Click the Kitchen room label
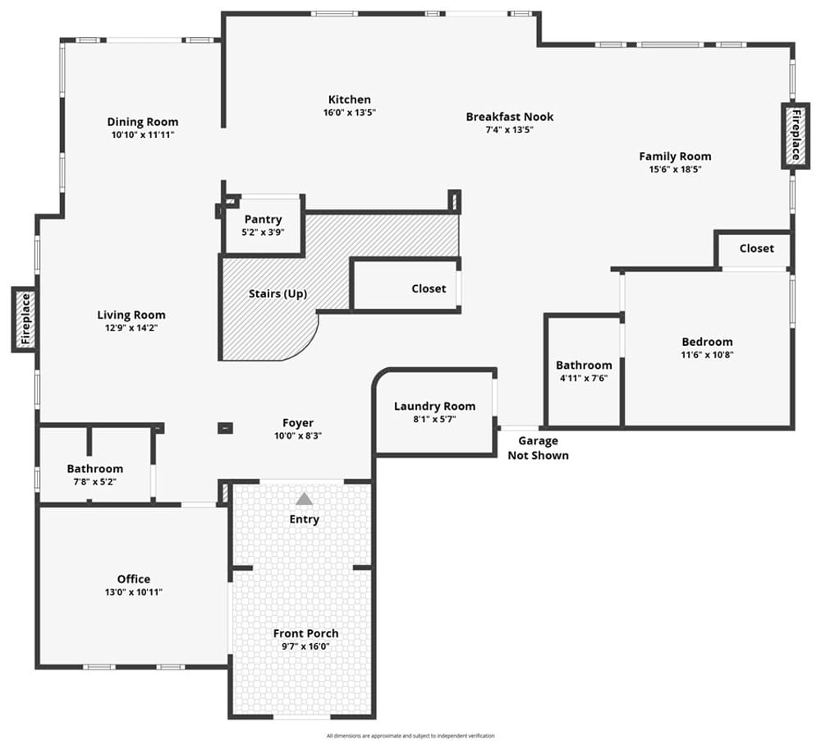(x=349, y=99)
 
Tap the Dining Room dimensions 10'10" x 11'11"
(x=142, y=135)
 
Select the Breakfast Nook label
(x=510, y=117)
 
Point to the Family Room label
(x=675, y=156)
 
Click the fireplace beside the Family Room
(x=796, y=136)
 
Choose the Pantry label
(x=263, y=219)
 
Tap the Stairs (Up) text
(x=277, y=293)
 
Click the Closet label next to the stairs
(x=429, y=288)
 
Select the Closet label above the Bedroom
(x=757, y=248)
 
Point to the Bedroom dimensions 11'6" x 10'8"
(x=707, y=355)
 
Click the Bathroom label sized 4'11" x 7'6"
(x=584, y=366)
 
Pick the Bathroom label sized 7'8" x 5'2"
(x=94, y=469)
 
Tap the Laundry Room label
(x=434, y=407)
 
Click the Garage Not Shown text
(x=539, y=448)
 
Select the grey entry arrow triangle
(x=304, y=499)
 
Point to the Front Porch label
(x=305, y=633)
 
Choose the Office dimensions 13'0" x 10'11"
(x=134, y=592)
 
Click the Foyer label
(x=298, y=423)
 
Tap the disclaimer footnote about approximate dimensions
(x=410, y=736)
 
